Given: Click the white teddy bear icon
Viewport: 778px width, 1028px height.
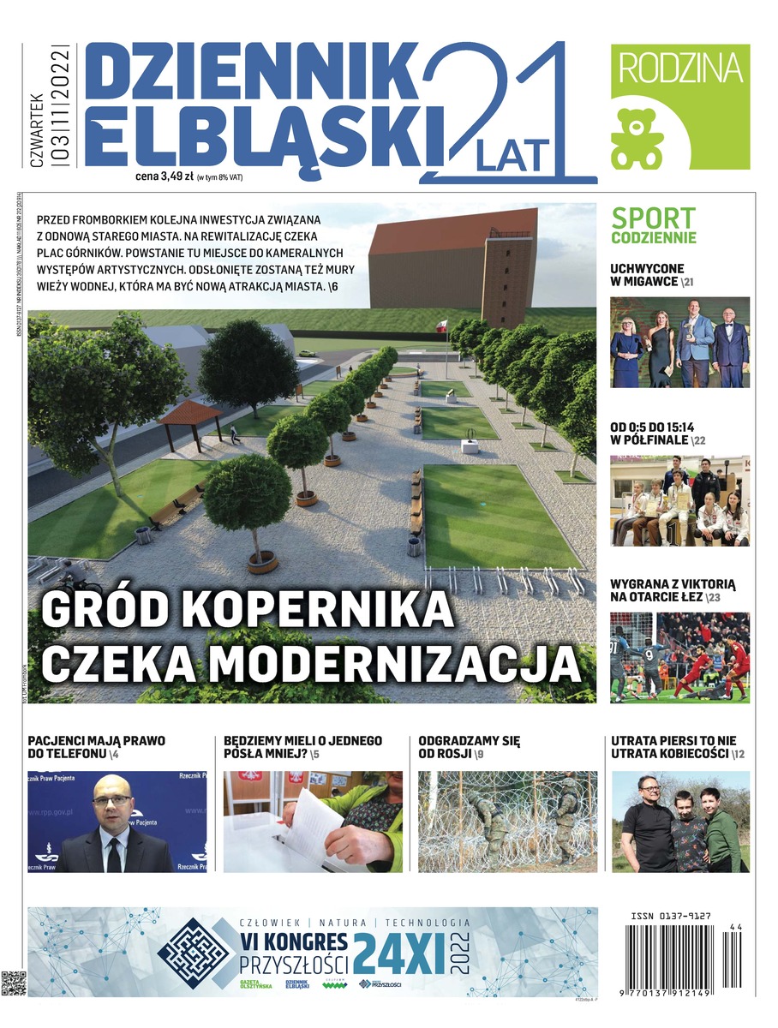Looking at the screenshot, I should click(x=637, y=138).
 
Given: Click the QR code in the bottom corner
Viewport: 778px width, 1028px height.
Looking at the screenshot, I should click(x=13, y=983).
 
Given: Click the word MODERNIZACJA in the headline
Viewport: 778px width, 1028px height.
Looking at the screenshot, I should click(x=386, y=663).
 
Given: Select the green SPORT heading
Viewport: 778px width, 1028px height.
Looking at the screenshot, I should click(x=653, y=218).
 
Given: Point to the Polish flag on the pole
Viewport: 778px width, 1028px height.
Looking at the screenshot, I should click(x=442, y=325).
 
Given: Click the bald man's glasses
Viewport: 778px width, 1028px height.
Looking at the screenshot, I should click(x=112, y=801).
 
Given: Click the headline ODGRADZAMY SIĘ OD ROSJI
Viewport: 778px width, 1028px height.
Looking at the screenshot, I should click(x=469, y=747).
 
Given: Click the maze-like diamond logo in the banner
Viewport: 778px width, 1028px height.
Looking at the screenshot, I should click(x=194, y=951).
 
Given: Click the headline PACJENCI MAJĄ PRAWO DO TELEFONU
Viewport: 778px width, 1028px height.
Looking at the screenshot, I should click(x=96, y=747).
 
